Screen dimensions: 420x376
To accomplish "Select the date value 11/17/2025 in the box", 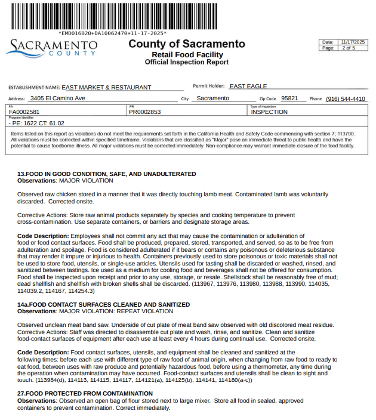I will tap(352, 42).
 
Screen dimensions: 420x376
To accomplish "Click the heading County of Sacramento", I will tap(186, 44).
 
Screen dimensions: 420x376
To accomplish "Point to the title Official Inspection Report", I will tap(186, 62).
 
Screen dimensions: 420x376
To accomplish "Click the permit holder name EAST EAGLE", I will tap(248, 87).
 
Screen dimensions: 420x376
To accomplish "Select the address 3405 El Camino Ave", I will tap(58, 98).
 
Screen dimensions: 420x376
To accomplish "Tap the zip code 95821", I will tap(289, 98).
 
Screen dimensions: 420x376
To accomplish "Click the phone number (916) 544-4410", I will tap(346, 99).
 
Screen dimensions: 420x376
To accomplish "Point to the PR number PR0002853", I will tap(145, 112).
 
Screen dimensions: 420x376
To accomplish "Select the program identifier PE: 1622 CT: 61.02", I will tap(37, 123).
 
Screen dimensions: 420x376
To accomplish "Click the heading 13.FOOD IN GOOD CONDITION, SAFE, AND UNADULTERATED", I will tap(106, 174).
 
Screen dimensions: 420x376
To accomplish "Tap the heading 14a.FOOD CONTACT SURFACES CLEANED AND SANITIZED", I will tap(103, 304).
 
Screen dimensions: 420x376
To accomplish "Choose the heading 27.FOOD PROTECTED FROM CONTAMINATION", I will tap(84, 394).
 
